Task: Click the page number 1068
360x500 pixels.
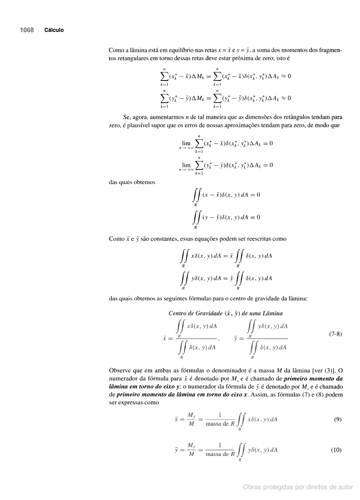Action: [x=27, y=30]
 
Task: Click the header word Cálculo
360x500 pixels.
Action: [x=54, y=30]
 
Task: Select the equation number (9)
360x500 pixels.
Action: [x=337, y=420]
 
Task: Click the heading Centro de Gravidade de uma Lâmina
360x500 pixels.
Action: [x=225, y=313]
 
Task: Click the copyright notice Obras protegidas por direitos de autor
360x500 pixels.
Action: [x=298, y=487]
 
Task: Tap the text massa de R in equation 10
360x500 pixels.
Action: [x=220, y=454]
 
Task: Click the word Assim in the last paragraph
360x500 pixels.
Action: [x=259, y=394]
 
